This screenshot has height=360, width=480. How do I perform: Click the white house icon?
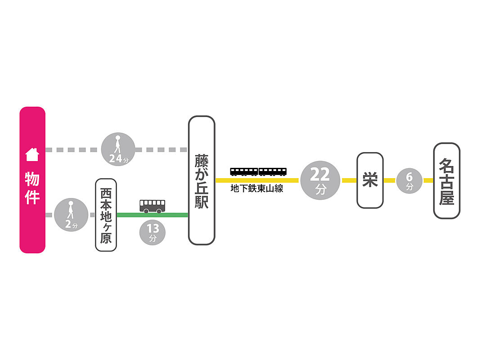point(32,155)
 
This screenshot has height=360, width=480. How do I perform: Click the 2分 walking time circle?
point(71,215)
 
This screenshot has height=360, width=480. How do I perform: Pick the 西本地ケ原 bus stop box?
point(106,215)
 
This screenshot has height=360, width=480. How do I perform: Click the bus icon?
point(152,206)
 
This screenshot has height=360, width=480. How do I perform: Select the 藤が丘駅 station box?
point(201,180)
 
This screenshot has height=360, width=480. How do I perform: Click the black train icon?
point(258,171)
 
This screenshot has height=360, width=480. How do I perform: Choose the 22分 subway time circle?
point(320,180)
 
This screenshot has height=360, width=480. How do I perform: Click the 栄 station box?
point(370,180)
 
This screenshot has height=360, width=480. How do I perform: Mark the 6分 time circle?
point(409,180)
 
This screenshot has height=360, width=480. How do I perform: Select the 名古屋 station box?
point(446,180)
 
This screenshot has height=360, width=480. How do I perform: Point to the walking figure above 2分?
point(71,210)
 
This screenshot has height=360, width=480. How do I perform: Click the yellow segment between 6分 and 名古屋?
point(428,180)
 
